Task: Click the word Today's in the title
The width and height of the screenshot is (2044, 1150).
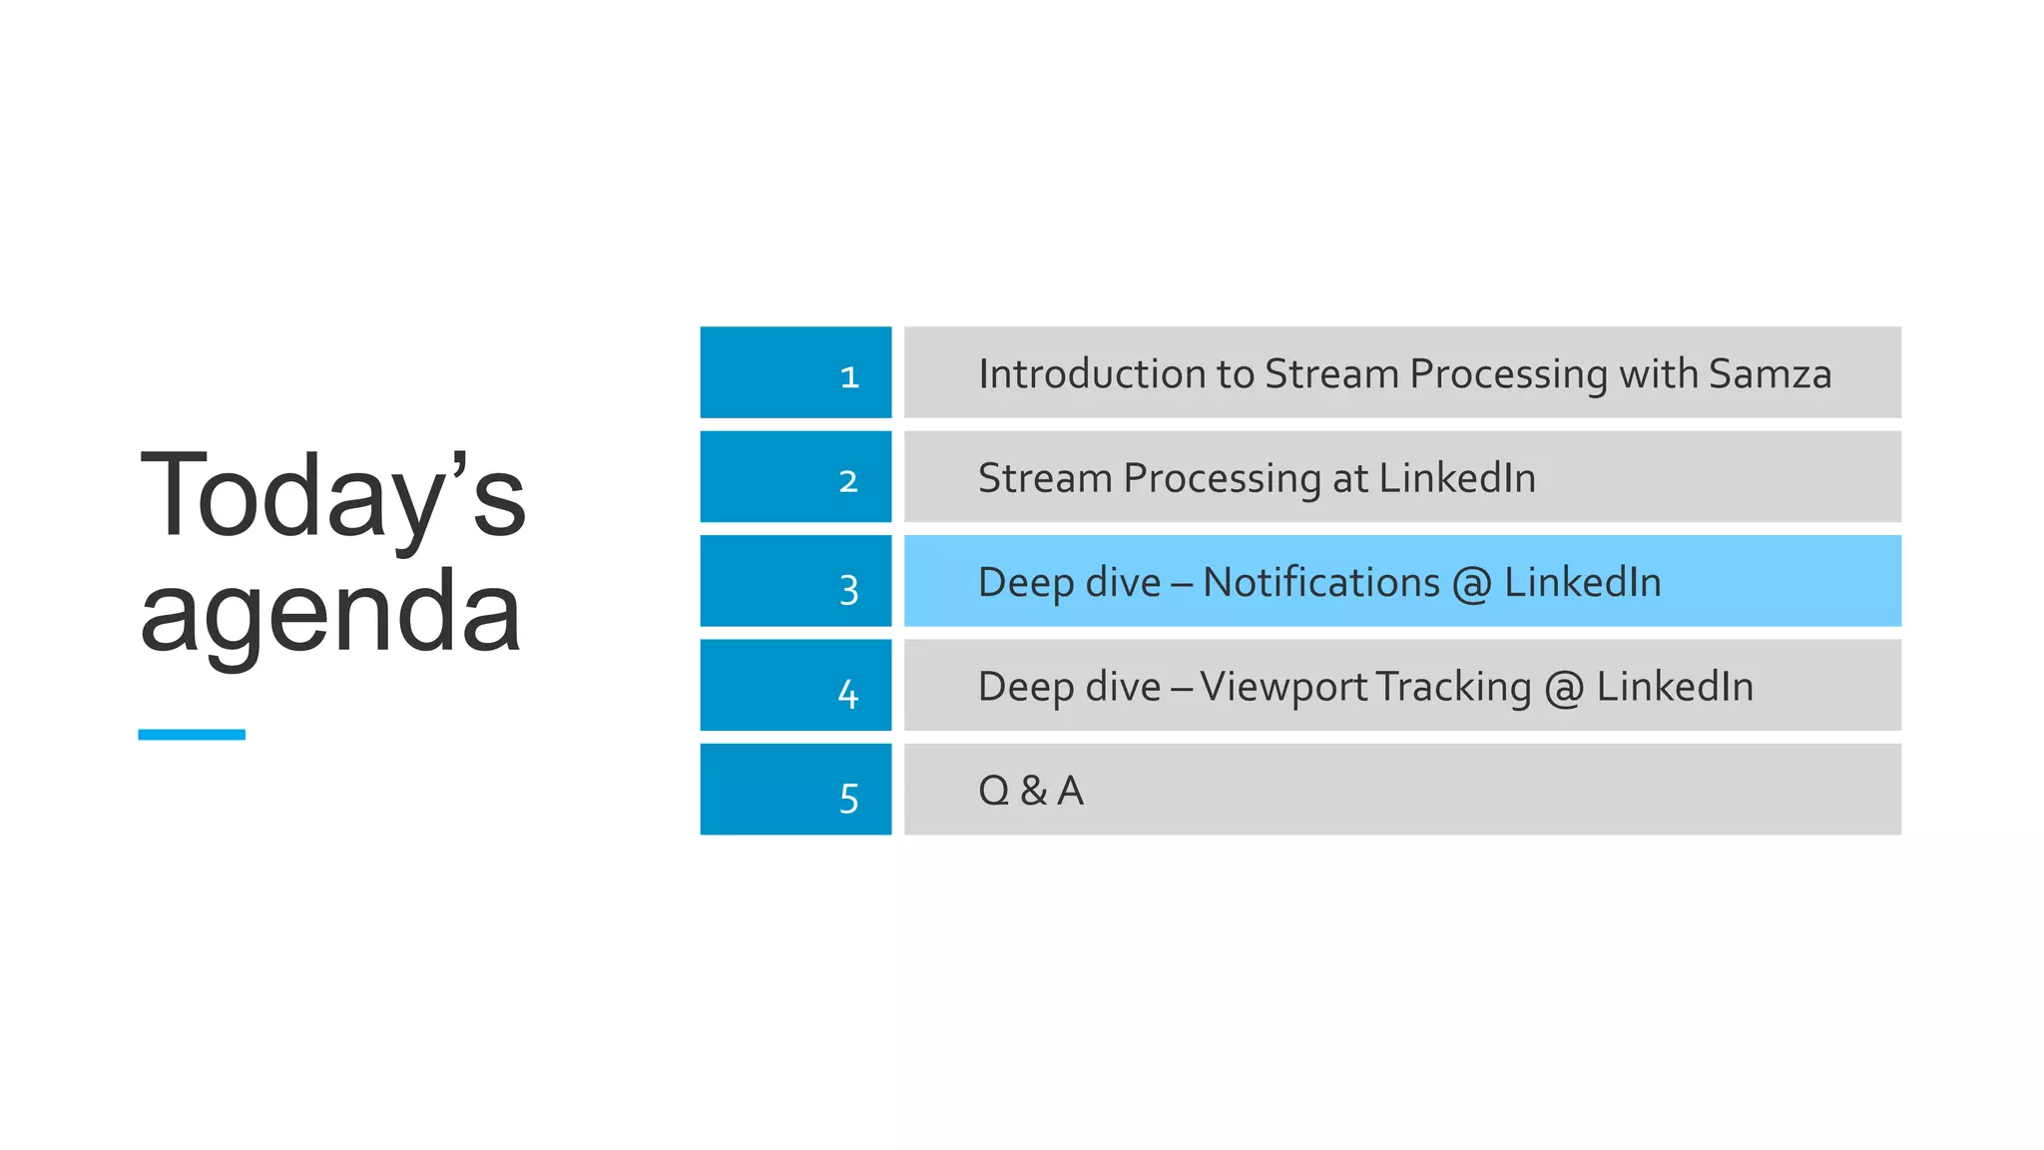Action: [332, 496]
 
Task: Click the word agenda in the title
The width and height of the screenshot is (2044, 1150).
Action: [330, 613]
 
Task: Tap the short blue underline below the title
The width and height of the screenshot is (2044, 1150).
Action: [192, 735]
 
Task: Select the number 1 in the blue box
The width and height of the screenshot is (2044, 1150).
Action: [849, 377]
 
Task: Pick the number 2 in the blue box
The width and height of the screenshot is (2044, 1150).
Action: [848, 482]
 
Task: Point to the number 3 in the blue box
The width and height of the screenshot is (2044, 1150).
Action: [849, 590]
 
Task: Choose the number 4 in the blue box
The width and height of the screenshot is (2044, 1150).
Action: [848, 694]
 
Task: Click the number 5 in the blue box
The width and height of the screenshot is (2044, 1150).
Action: [849, 799]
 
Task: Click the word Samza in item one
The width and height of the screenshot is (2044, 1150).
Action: [1770, 374]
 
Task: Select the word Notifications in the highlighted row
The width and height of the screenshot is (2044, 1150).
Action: [1321, 583]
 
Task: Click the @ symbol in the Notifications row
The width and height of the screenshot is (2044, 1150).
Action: [1471, 584]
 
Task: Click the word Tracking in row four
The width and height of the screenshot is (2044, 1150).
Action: [1453, 688]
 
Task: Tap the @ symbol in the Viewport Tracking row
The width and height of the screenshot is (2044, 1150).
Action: [1564, 689]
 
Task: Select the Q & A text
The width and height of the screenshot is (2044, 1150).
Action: [1031, 791]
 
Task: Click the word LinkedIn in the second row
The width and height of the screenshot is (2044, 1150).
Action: [1457, 478]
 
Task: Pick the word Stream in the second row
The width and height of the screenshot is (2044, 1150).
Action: [1044, 478]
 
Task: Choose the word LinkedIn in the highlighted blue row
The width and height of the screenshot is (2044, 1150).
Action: [1582, 583]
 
